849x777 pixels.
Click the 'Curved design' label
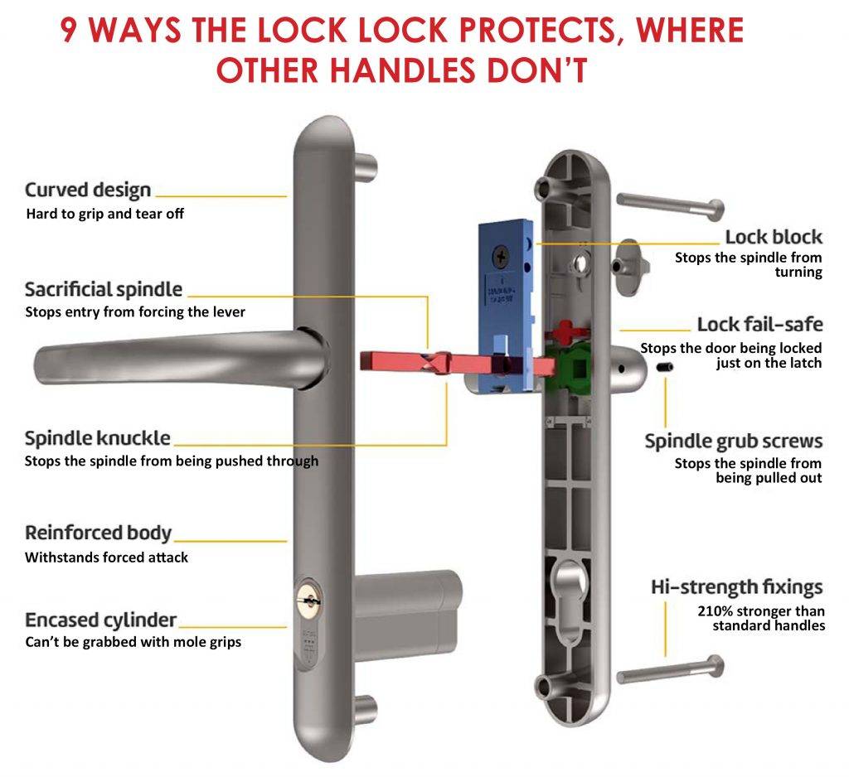point(88,190)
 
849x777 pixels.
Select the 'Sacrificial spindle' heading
point(104,289)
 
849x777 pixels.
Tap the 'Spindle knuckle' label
point(97,438)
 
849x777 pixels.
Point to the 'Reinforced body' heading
point(98,533)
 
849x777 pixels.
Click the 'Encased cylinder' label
point(100,620)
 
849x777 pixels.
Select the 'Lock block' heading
point(773,236)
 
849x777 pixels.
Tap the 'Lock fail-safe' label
point(759,324)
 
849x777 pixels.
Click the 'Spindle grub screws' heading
point(733,441)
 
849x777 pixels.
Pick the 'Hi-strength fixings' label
point(736,587)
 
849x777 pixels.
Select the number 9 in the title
point(72,31)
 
